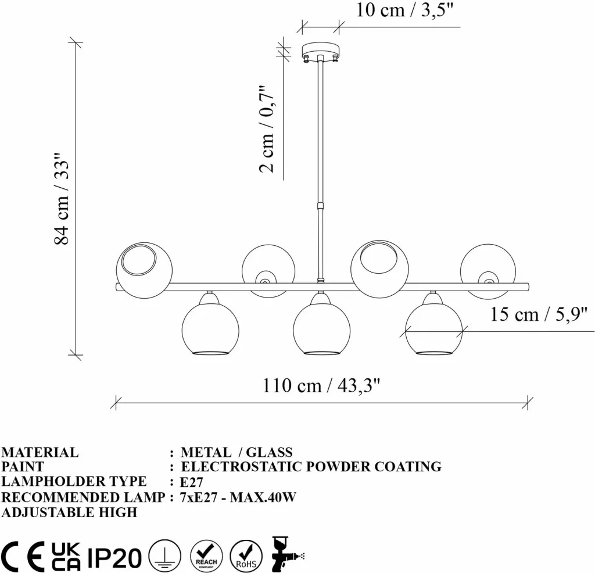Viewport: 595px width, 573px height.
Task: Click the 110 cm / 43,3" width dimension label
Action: tap(321, 386)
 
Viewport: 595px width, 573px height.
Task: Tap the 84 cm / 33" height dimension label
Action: tap(62, 199)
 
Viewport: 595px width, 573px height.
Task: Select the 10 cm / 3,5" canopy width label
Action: tap(404, 9)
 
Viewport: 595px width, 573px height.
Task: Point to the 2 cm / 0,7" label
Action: tap(267, 128)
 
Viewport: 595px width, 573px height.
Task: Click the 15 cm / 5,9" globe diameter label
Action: tap(539, 314)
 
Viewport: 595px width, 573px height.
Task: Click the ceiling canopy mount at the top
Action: tap(321, 52)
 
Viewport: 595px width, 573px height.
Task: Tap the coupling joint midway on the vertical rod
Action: tap(321, 206)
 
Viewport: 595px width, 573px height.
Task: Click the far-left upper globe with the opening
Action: tap(144, 270)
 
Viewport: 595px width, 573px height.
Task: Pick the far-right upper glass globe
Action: tap(488, 271)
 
